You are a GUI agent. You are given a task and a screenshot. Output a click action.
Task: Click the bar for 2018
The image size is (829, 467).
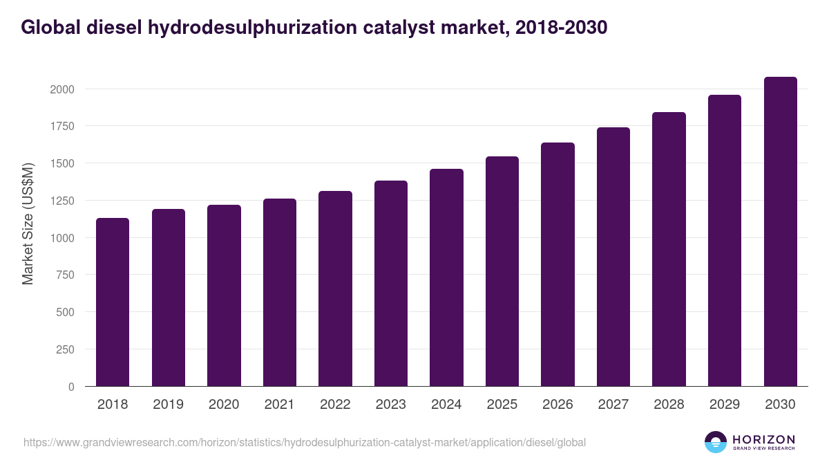(x=113, y=302)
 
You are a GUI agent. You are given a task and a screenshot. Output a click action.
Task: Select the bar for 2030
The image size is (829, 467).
(x=780, y=232)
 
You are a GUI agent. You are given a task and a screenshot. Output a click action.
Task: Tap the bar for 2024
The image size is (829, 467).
(x=446, y=277)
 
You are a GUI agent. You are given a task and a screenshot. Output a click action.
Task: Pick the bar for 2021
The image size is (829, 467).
(x=280, y=293)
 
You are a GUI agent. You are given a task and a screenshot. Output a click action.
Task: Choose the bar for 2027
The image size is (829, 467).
(x=613, y=257)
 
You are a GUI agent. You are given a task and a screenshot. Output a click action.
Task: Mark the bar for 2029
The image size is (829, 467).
(x=725, y=241)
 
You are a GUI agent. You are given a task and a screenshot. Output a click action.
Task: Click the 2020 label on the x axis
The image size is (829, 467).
(x=224, y=405)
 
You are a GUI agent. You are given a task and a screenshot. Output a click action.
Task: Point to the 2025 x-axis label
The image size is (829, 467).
(x=502, y=405)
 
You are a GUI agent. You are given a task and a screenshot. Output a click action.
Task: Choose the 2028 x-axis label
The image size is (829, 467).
(x=669, y=405)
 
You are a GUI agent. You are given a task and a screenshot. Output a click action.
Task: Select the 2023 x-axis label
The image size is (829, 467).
(x=390, y=405)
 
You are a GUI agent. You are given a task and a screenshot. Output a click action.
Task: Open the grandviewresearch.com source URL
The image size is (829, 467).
(x=305, y=442)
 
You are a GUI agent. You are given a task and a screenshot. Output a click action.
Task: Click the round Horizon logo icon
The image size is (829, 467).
(x=715, y=442)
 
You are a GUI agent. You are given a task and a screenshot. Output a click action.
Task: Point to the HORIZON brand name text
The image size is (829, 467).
(x=763, y=439)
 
